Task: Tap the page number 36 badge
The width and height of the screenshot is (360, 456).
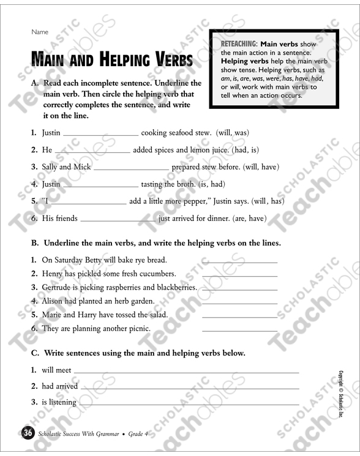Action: tap(27, 434)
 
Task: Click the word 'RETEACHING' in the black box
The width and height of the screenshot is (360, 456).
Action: tap(238, 45)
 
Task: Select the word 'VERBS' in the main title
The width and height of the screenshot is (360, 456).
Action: tap(167, 61)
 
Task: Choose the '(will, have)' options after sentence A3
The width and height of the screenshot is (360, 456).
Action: tap(261, 166)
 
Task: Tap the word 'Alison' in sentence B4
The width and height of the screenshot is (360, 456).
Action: tap(53, 301)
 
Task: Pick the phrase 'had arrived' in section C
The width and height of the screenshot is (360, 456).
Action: tap(59, 386)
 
